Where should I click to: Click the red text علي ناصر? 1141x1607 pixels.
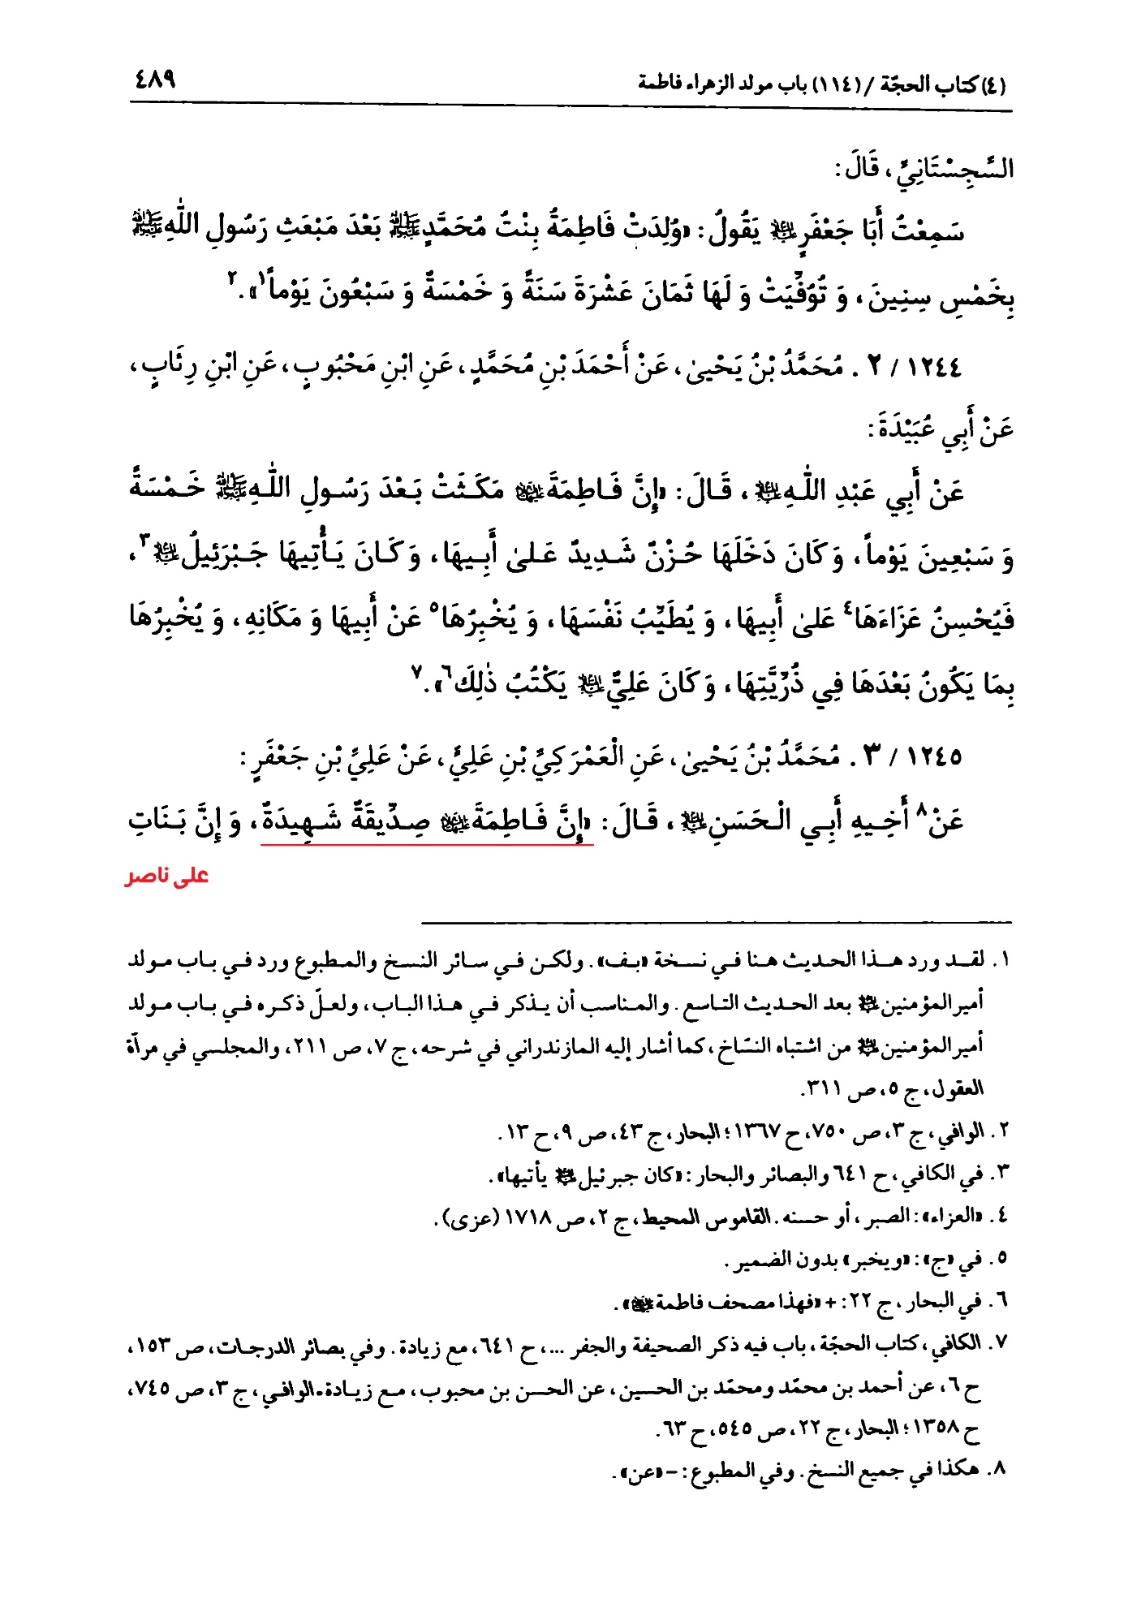tap(167, 877)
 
